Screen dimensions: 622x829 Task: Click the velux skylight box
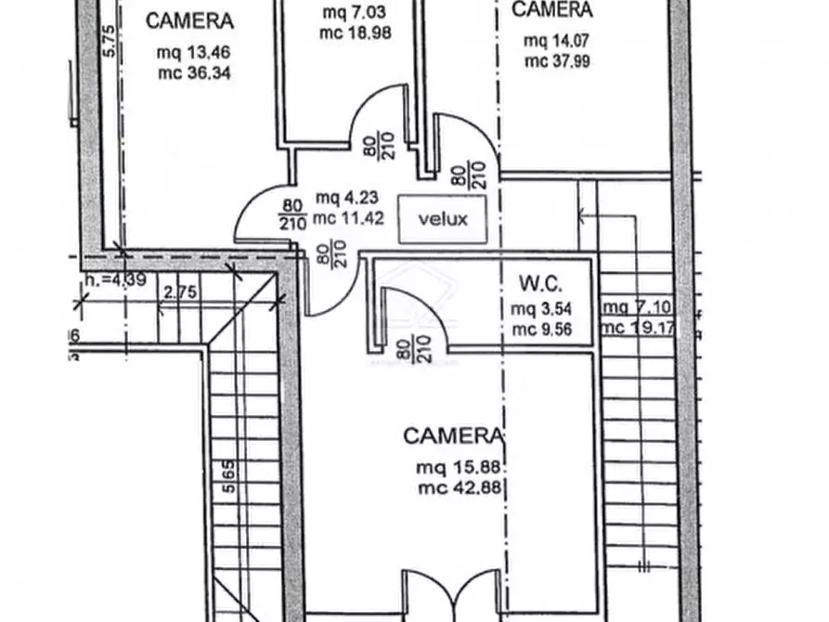[x=442, y=220]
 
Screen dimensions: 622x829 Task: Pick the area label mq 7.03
[x=346, y=13]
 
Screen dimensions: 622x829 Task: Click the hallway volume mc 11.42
[x=347, y=220]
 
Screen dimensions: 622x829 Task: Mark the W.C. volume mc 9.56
[x=539, y=328]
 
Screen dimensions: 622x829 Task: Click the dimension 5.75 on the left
[x=109, y=41]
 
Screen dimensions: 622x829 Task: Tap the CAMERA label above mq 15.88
[x=453, y=435]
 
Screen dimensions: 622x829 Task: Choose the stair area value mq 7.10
[x=630, y=308]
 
